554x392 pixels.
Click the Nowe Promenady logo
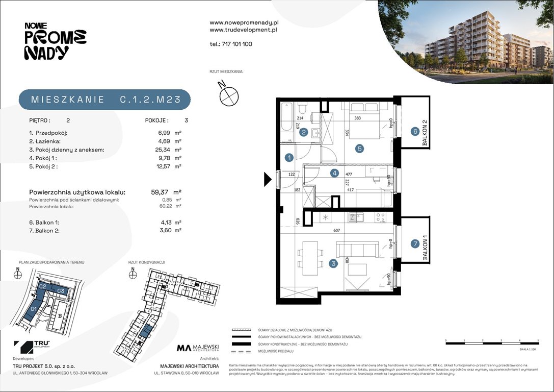[55, 41]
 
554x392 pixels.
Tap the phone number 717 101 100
[231, 44]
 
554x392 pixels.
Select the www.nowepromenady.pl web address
[244, 23]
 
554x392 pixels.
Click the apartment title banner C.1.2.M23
[105, 100]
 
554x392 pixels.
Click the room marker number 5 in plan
[359, 149]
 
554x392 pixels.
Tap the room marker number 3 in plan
[333, 263]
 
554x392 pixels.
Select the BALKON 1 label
[424, 250]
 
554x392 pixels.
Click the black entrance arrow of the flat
[267, 179]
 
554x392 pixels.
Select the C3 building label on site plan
[60, 290]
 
